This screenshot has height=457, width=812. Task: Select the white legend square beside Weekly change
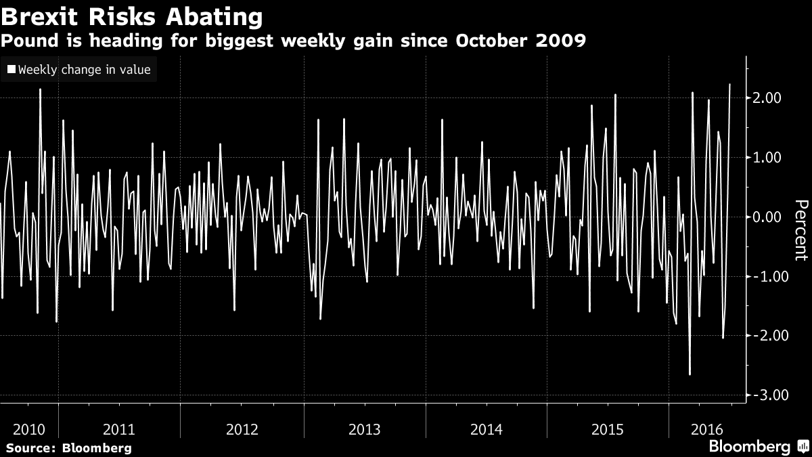point(11,69)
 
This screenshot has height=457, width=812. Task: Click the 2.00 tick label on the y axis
point(767,98)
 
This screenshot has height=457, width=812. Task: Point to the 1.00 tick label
point(767,158)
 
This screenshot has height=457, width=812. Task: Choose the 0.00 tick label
point(767,217)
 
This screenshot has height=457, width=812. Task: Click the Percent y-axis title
point(800,230)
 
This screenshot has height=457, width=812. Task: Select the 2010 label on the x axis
point(29,429)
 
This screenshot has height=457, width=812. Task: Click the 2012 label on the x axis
point(242,429)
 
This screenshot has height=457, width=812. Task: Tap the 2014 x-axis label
point(486,429)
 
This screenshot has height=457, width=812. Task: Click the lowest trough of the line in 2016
point(690,374)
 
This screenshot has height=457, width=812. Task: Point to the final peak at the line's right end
point(730,85)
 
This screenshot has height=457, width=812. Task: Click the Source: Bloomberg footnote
point(68,448)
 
